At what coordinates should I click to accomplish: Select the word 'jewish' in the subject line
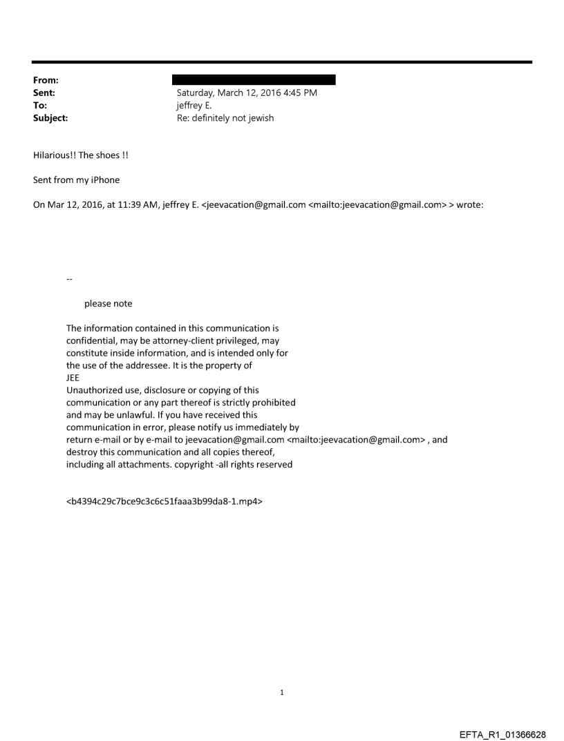coord(259,118)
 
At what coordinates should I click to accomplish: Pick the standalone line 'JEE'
coord(73,378)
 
